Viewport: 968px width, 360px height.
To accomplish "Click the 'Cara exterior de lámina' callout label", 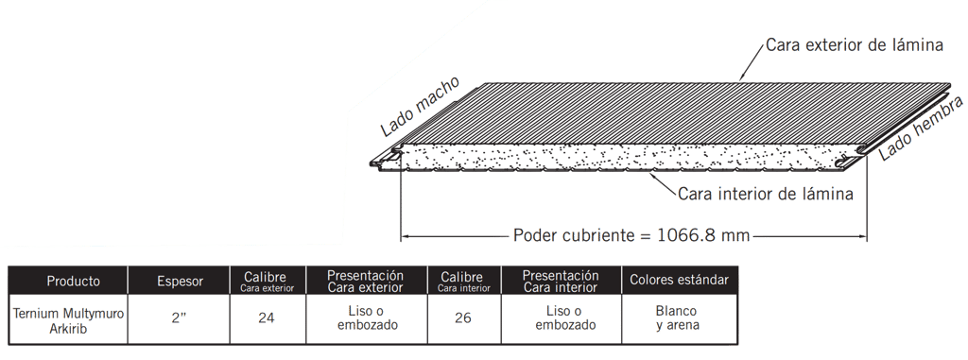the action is coord(855,45).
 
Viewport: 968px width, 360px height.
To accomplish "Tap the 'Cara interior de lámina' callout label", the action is coord(766,194).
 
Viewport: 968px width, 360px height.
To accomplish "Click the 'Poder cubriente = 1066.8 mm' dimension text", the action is coord(631,236).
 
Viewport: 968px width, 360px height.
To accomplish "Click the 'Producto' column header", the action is coord(74,282).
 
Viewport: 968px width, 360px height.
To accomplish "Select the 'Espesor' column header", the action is coord(180,282).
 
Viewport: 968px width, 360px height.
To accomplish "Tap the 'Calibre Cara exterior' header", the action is coord(268,281).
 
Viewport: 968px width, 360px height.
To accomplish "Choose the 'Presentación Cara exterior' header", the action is coord(366,281).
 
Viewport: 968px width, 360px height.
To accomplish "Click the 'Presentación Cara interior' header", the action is coord(560,281).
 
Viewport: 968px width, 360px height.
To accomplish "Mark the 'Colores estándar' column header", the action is coord(679,280).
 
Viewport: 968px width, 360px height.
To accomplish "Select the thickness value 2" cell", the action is coord(179,318).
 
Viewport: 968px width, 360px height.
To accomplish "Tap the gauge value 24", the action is coord(268,318).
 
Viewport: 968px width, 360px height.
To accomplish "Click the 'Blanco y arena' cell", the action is coord(677,318).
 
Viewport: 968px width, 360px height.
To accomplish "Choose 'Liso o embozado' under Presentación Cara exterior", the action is coord(368,318).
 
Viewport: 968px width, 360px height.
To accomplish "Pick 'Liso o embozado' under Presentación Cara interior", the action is coord(565,318).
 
